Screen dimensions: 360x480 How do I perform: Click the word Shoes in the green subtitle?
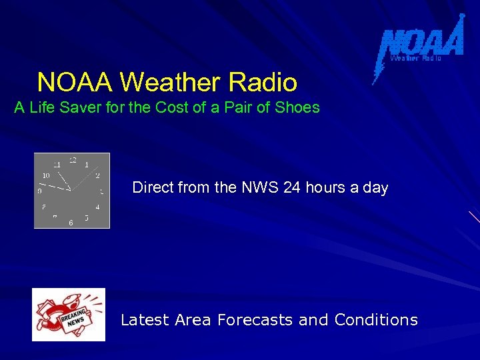(x=297, y=107)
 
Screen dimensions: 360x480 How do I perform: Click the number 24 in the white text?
(x=292, y=188)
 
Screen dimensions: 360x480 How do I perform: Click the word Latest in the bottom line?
(x=145, y=320)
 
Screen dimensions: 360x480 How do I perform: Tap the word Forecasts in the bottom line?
(x=255, y=320)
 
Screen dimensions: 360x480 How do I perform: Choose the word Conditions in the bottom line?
(x=376, y=320)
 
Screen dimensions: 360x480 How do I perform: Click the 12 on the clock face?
(x=73, y=160)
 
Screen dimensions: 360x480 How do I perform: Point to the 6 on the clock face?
(x=71, y=223)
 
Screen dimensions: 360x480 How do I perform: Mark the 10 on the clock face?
(x=46, y=175)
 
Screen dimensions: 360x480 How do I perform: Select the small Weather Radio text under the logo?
(x=415, y=59)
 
